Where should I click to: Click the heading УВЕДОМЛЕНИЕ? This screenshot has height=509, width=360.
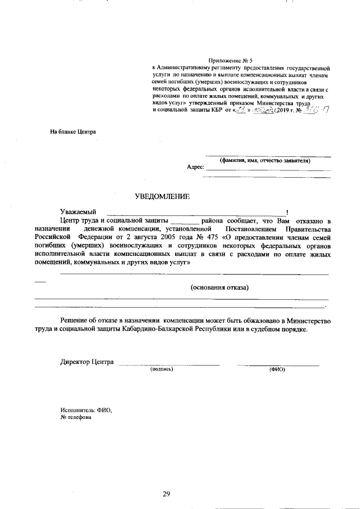click(163, 196)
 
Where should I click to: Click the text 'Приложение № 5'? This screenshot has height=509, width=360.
click(231, 60)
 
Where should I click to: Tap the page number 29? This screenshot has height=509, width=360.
click(166, 494)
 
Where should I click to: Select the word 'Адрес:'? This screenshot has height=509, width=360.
click(195, 167)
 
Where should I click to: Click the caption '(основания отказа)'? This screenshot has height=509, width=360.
click(220, 287)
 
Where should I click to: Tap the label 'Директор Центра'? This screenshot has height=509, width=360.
click(87, 362)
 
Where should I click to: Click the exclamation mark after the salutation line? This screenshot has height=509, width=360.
click(287, 211)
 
